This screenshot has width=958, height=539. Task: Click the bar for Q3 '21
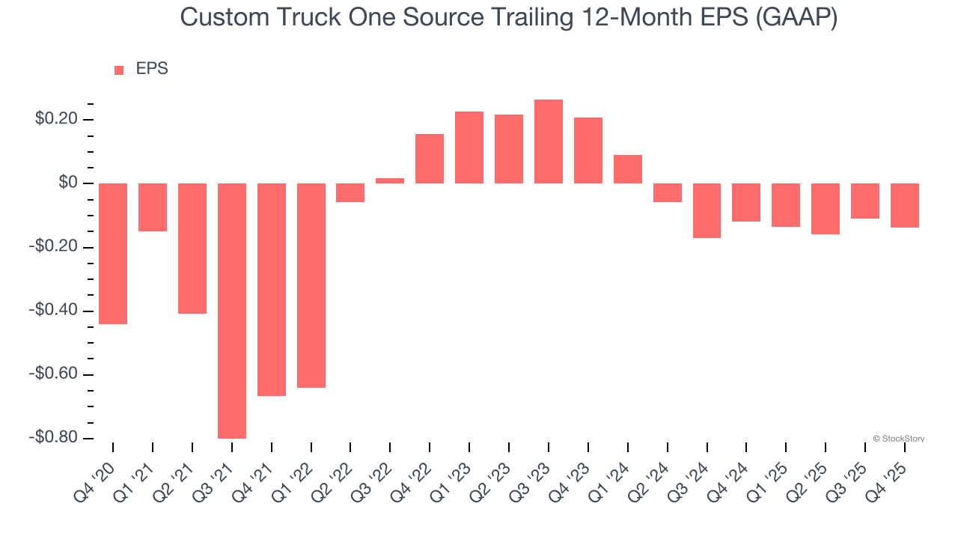point(232,311)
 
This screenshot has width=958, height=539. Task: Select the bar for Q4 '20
point(113,254)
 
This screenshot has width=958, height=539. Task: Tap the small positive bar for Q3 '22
point(390,180)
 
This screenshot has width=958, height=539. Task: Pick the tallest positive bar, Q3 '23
point(549,141)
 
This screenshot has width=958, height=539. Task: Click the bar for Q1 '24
point(628,169)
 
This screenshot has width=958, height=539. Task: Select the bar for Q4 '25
point(905,205)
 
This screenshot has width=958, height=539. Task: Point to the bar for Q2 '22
point(350,192)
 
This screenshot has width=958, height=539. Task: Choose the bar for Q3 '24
point(707,210)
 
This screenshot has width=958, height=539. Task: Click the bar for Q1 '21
point(153,207)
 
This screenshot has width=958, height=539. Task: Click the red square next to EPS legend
point(119,70)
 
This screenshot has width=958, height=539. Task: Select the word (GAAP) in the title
point(796,17)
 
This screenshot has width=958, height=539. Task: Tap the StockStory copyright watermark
point(898,439)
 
